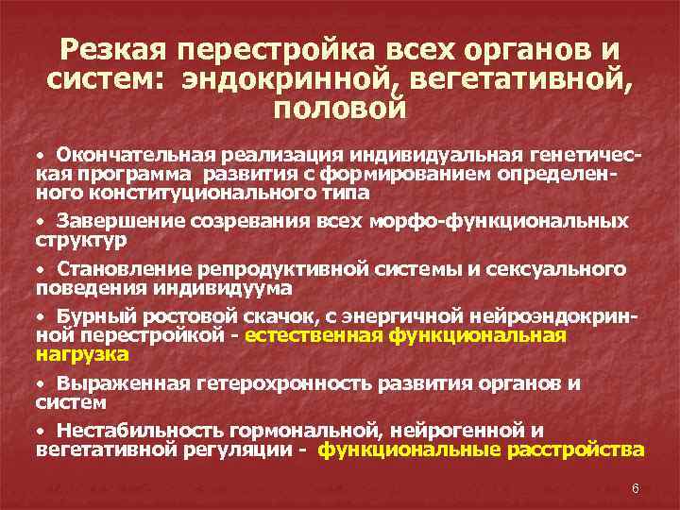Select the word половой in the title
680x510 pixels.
(x=339, y=109)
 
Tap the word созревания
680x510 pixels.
(x=236, y=220)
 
